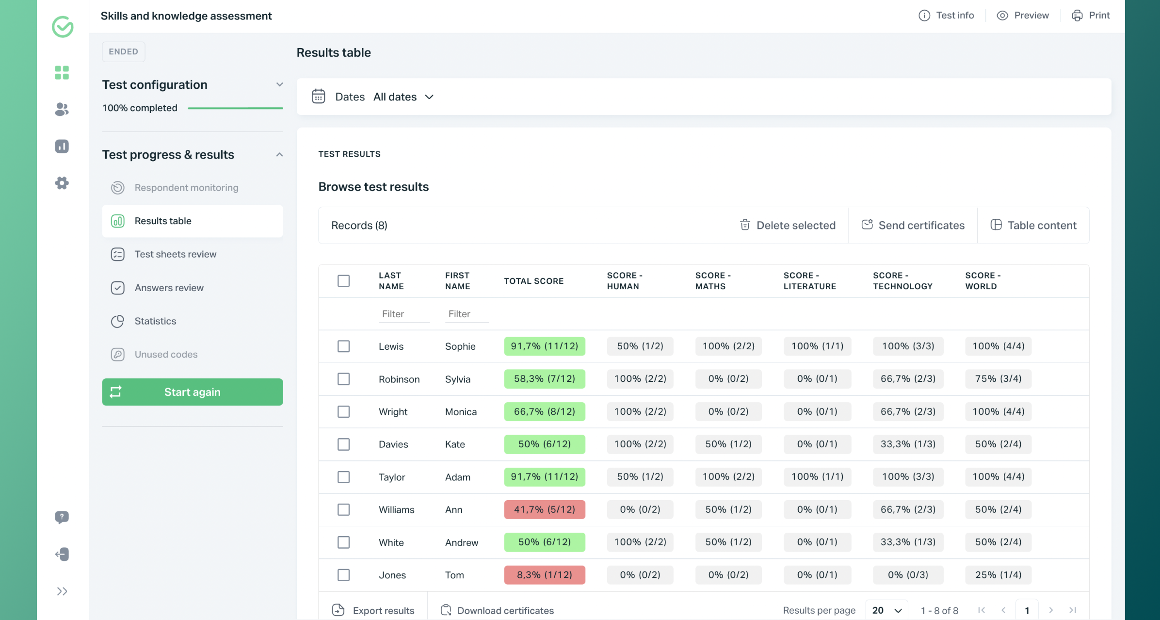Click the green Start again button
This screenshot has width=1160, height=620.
(192, 392)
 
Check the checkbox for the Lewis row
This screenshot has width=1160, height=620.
(343, 346)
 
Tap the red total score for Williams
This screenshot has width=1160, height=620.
(544, 509)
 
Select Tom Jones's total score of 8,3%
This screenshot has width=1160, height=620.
(544, 575)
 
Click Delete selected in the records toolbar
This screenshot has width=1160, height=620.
(788, 225)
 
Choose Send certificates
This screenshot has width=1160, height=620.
(913, 225)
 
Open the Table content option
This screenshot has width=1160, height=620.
(1033, 225)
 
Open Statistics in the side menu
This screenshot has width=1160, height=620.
(155, 321)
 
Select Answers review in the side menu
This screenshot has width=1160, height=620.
(169, 288)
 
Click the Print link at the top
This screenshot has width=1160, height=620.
(1091, 16)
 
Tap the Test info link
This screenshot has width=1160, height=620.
(946, 16)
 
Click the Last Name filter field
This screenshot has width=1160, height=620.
(403, 314)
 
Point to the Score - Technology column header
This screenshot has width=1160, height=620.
(902, 281)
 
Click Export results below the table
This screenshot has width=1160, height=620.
(373, 610)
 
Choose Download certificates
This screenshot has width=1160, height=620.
(498, 610)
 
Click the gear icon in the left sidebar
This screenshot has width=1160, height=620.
(62, 183)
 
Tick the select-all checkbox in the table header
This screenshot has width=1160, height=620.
(343, 281)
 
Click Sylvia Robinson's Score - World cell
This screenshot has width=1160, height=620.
(998, 379)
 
